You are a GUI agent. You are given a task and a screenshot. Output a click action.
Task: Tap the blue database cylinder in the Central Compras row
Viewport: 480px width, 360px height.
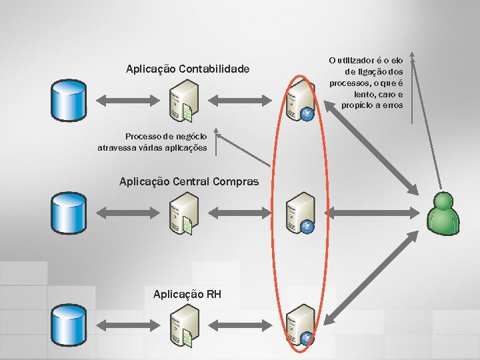point(70,212)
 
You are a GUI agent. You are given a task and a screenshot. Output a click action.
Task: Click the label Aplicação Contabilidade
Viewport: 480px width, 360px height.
point(187,69)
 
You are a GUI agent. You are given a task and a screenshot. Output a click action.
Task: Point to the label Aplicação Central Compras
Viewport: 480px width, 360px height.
point(189,181)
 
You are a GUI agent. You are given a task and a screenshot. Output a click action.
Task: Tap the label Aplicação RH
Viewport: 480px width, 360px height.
point(187,294)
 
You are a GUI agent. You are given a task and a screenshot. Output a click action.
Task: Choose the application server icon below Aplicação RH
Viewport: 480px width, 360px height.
point(183,325)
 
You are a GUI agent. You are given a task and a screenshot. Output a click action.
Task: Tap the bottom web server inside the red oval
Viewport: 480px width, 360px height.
point(299,325)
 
